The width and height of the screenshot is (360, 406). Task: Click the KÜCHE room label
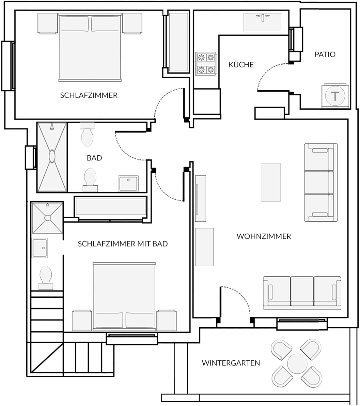[241, 64]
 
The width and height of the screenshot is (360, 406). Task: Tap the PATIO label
[325, 54]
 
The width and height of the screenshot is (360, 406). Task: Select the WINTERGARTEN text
[231, 363]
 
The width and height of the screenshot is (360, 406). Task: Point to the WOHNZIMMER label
[264, 236]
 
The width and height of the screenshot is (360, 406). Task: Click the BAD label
[94, 158]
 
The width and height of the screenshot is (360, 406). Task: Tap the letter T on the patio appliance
[335, 96]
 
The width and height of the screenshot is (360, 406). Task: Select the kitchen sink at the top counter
[263, 23]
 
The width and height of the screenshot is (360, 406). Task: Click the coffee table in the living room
[271, 182]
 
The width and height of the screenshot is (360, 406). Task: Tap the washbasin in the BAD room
[128, 184]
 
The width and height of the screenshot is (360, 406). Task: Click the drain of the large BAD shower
[52, 156]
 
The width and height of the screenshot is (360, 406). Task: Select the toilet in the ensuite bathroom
[46, 278]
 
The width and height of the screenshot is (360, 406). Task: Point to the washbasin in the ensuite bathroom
[40, 248]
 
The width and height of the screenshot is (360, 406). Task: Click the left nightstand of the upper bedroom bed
[47, 23]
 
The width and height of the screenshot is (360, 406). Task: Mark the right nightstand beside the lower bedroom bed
[167, 320]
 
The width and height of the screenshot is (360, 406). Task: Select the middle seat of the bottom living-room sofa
[302, 291]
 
